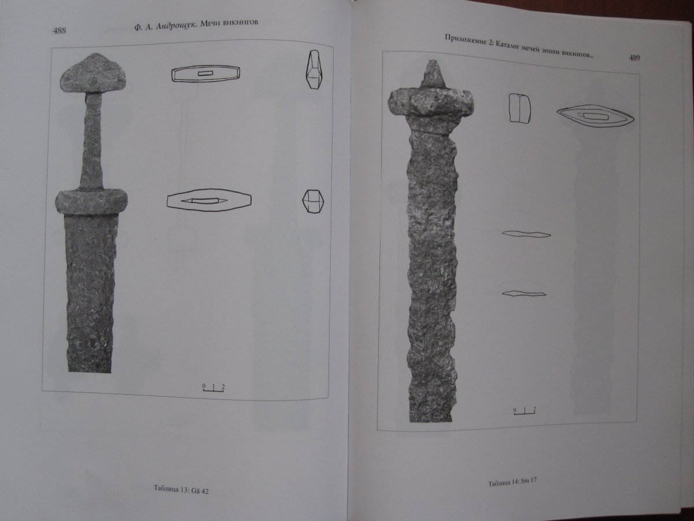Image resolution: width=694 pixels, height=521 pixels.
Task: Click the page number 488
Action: pos(60,31)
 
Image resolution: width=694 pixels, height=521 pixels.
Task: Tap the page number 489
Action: pos(634,58)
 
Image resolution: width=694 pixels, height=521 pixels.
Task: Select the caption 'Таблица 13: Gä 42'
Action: pos(181,489)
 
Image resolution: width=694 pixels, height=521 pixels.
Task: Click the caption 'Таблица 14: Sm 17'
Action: pos(512,482)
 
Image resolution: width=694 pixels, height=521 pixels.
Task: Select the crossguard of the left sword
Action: pos(91,202)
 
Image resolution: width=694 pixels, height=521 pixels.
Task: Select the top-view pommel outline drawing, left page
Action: pos(205,74)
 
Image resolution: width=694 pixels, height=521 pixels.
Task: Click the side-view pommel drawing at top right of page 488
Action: pos(316,70)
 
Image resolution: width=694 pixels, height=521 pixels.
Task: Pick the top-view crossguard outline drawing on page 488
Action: pos(209,199)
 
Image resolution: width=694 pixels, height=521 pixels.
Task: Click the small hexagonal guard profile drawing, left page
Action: pos(313,201)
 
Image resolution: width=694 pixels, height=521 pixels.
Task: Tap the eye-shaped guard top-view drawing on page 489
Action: pos(595,116)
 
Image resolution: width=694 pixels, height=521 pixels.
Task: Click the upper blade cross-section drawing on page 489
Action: pos(526,234)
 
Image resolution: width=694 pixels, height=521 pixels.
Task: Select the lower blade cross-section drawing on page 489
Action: pos(524,293)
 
